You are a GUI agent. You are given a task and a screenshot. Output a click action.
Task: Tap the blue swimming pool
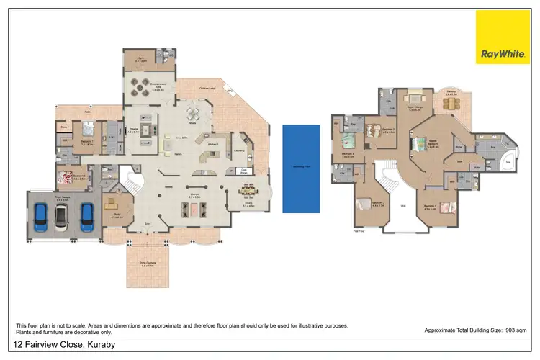pos(301,168)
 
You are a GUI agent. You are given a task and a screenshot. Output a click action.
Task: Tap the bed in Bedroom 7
pos(88,130)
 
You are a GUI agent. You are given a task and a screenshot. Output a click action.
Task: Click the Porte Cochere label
pos(148,264)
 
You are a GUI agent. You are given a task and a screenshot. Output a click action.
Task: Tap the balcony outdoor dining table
pos(451,103)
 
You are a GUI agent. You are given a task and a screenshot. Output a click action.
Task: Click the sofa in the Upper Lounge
pos(415,99)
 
